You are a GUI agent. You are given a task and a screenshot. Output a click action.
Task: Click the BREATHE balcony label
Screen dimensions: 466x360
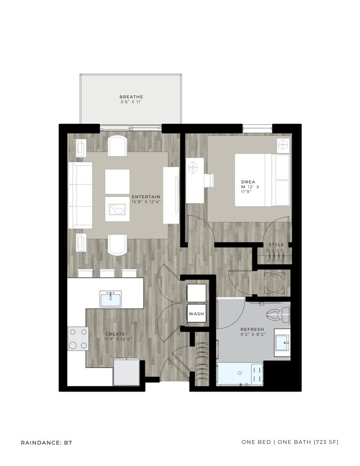[131, 97]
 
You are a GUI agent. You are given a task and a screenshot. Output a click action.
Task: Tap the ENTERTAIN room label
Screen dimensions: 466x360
[146, 197]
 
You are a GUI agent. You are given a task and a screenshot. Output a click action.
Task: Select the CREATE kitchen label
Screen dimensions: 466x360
[115, 334]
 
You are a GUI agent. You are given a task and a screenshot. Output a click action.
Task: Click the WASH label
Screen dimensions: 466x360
[196, 314]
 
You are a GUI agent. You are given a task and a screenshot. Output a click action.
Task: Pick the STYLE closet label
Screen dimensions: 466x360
[276, 244]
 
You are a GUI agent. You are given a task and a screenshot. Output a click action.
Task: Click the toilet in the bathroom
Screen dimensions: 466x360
[274, 316]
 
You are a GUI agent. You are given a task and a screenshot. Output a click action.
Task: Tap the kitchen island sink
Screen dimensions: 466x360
[111, 299]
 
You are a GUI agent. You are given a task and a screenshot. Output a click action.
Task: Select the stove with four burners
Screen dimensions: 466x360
[78, 338]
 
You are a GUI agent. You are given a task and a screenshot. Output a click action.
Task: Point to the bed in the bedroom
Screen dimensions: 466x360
[262, 179]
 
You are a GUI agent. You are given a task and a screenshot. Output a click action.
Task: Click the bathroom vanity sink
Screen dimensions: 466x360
[283, 343]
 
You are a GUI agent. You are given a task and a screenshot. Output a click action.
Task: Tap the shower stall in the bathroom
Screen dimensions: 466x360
[240, 374]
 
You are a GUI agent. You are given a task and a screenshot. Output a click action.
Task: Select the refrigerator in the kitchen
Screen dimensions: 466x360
[126, 372]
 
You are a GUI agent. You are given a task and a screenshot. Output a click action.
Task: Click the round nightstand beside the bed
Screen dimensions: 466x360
[283, 146]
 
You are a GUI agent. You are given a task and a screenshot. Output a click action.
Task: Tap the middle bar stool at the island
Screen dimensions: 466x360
[108, 273]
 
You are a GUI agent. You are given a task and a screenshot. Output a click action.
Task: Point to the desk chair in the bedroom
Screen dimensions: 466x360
[210, 182]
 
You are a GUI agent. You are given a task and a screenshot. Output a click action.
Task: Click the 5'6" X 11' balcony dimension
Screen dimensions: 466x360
[131, 103]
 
